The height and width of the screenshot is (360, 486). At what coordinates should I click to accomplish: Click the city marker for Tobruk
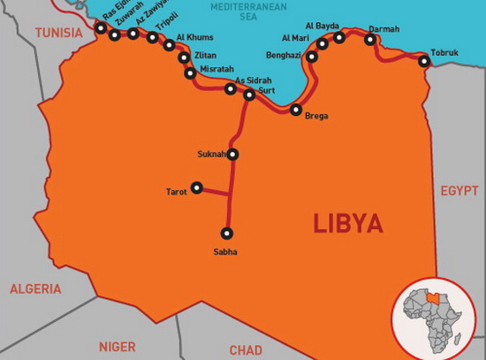tap(424, 61)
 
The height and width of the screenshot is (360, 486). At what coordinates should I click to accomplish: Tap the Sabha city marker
tap(227, 234)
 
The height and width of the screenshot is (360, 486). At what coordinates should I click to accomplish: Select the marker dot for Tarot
tap(197, 188)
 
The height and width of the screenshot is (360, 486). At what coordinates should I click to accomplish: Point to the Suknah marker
tap(233, 154)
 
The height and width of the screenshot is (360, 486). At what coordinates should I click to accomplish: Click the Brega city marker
tap(297, 110)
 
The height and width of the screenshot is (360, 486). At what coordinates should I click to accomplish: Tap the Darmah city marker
tap(371, 40)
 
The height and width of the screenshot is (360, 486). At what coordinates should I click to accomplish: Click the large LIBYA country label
tap(348, 223)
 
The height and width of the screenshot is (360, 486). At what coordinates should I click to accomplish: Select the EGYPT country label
tap(459, 190)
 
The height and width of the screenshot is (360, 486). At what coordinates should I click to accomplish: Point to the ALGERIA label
tap(35, 288)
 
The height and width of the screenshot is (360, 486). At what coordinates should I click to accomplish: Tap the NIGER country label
tap(118, 347)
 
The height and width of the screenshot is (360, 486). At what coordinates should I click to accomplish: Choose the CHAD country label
tap(246, 350)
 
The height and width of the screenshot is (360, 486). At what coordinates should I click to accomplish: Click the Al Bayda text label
tap(323, 27)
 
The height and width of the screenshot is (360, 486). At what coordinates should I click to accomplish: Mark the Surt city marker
tap(249, 95)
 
